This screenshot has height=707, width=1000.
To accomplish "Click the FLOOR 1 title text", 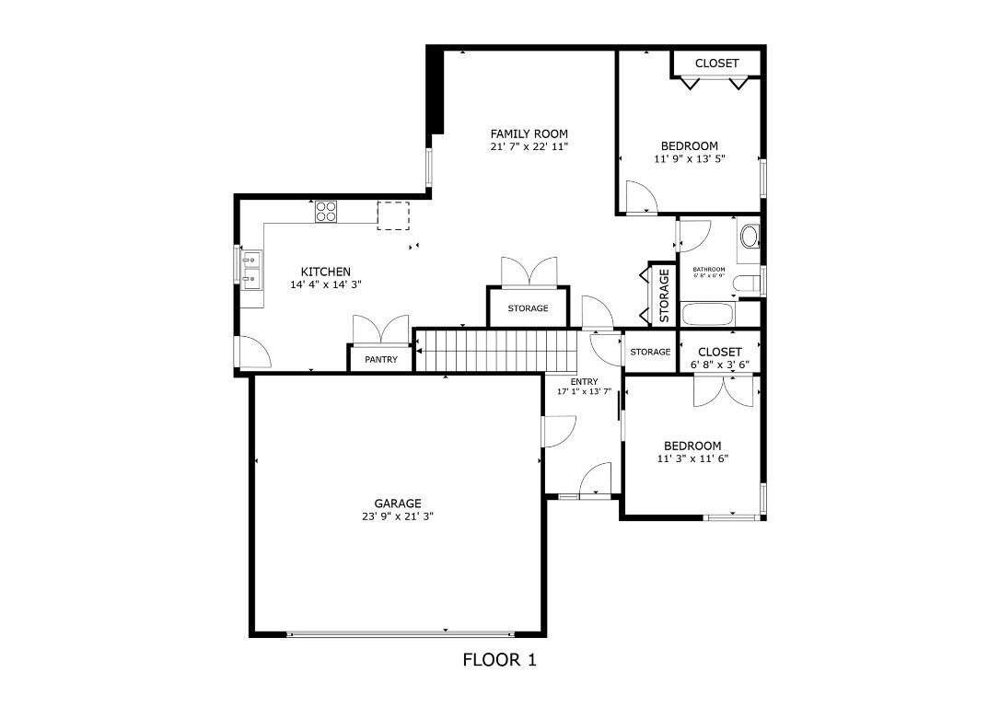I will tap(498, 659).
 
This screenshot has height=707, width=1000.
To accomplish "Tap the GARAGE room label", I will tap(398, 504).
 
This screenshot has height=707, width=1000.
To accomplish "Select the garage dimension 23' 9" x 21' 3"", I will tap(398, 516).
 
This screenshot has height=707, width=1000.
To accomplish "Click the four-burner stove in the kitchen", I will tap(326, 213).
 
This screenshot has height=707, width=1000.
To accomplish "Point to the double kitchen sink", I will tap(250, 268).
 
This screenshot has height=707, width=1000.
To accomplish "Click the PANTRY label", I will tap(381, 359).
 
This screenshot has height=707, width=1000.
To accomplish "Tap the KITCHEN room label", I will tap(325, 272).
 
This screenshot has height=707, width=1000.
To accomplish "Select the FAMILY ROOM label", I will tap(529, 133).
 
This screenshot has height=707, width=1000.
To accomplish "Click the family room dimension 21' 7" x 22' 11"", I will tap(529, 146).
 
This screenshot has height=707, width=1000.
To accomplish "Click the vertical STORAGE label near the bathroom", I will tap(664, 296).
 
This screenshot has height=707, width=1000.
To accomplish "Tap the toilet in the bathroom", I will tap(750, 281).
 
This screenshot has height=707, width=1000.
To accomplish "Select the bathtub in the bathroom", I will tap(707, 315).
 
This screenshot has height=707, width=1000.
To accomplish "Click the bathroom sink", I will tap(750, 237).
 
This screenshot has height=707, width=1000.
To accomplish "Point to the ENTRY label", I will tap(584, 381).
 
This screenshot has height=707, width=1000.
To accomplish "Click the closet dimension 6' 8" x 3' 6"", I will tap(719, 365).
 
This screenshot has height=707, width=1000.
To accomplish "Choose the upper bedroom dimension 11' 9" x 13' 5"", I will tap(689, 158).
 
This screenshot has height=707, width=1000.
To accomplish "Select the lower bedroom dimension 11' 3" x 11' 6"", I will tap(692, 458).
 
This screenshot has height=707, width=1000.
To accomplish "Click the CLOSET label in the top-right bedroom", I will tap(716, 63).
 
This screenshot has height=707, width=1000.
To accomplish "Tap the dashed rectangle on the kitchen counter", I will tap(392, 214).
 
